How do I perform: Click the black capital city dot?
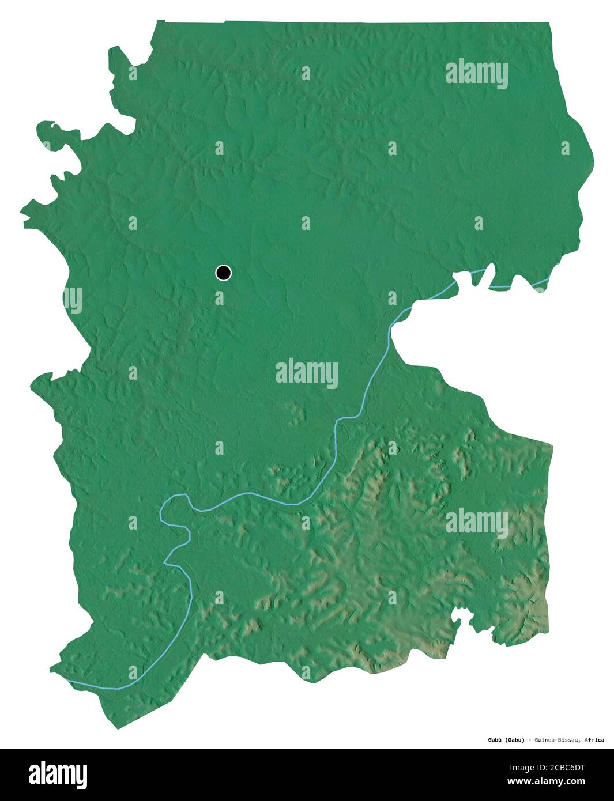223,273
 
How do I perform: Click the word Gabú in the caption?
491,740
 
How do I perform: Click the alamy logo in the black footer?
58,774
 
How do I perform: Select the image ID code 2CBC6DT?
547,768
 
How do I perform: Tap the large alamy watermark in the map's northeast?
476,74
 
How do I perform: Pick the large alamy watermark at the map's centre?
306,373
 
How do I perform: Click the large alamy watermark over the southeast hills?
476,523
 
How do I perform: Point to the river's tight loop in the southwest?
173,510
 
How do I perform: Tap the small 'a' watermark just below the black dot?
219,298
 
